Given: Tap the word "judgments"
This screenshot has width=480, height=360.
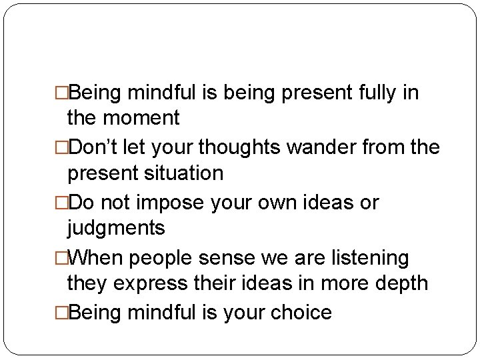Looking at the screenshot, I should point(115,229).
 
